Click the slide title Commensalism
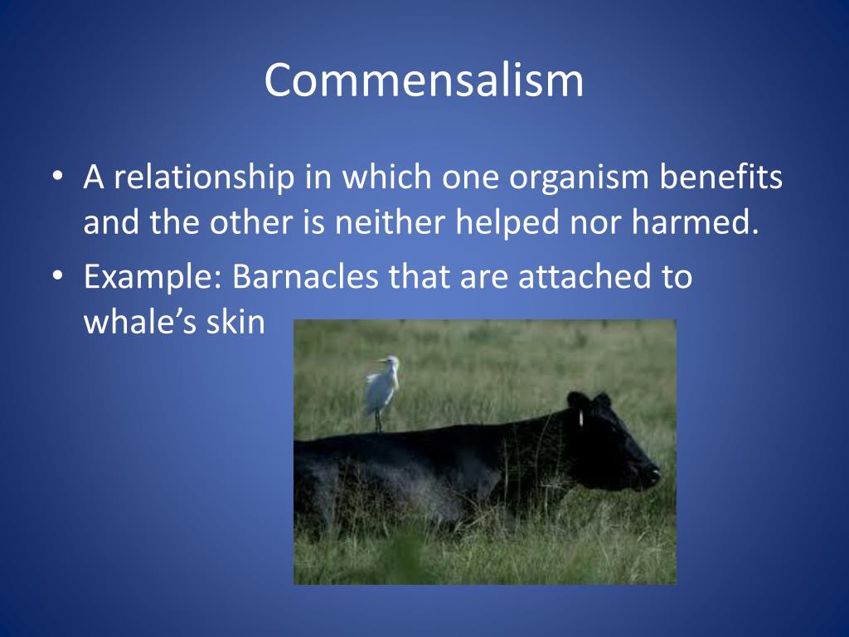click(424, 80)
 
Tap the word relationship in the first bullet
click(204, 177)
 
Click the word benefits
click(721, 177)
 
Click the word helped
click(507, 223)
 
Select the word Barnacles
click(305, 276)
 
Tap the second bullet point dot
click(58, 275)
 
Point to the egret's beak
click(383, 360)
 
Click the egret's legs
click(378, 421)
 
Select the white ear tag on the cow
click(581, 418)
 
